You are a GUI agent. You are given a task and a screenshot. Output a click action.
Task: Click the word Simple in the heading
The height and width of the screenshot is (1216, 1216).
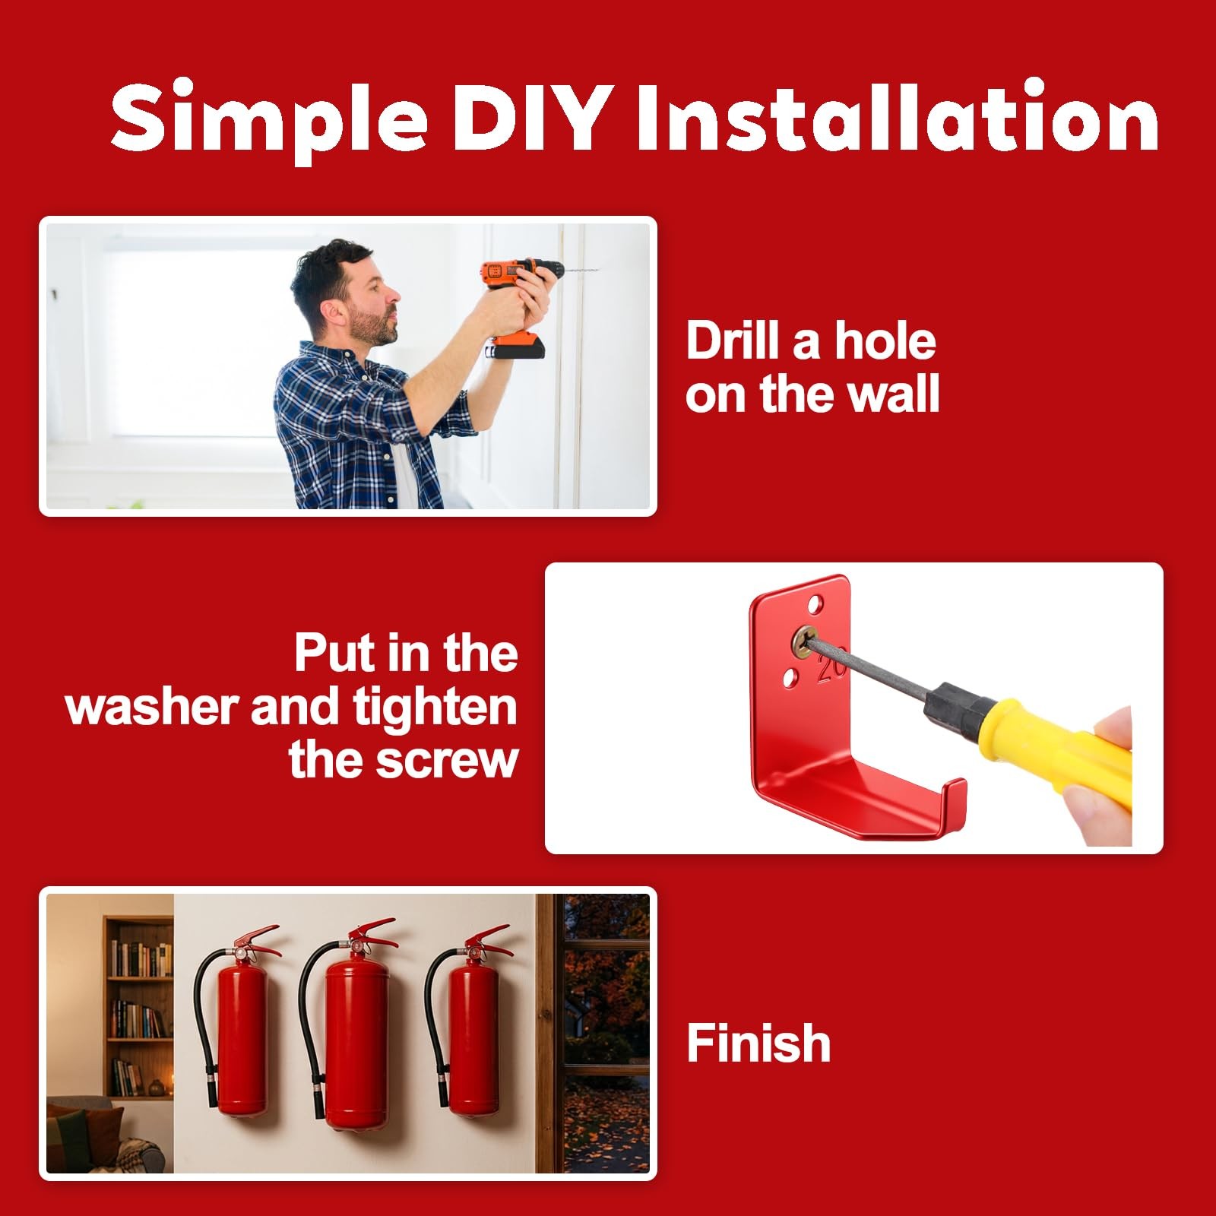(x=269, y=122)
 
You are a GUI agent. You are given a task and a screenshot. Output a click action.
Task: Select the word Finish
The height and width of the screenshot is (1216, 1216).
(x=758, y=1043)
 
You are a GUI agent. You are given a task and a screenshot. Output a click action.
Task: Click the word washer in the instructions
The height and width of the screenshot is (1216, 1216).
(x=152, y=708)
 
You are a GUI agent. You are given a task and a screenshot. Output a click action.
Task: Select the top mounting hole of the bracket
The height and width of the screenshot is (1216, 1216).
(x=815, y=605)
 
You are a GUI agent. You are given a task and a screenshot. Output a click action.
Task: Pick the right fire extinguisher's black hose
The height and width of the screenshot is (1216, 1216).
(x=434, y=1018)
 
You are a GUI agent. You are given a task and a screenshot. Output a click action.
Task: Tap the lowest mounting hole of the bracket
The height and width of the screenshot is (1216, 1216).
(x=790, y=675)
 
